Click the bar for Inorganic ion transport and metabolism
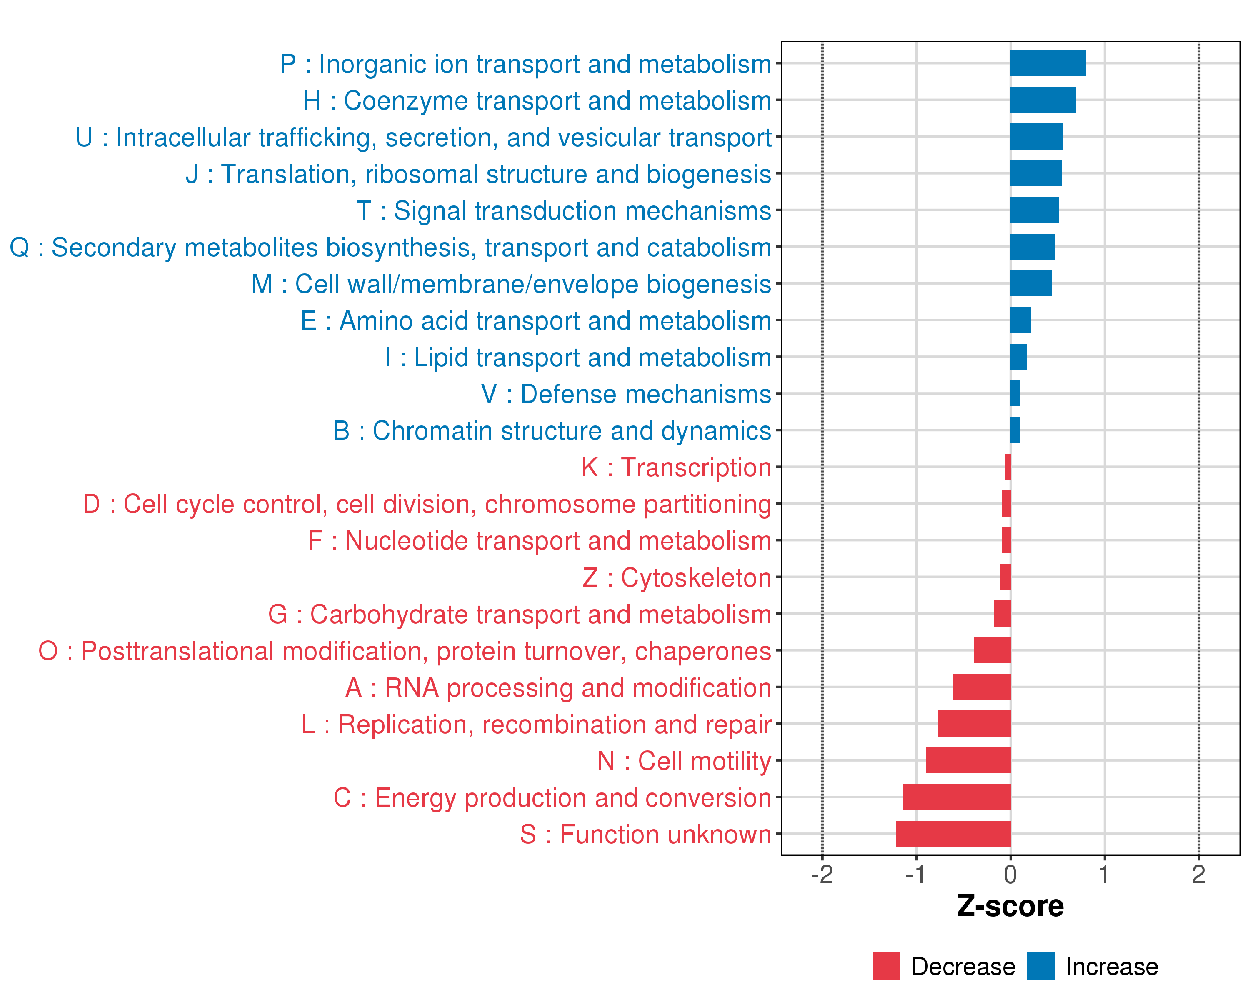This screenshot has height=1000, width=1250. pos(1047,63)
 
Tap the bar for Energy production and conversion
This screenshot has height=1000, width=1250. pos(956,797)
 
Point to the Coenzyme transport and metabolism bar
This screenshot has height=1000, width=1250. pos(1042,100)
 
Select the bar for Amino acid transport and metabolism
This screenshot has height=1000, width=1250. pos(1020,320)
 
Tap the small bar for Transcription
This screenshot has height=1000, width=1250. pos(1007,467)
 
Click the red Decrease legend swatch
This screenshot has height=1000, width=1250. pos(886,966)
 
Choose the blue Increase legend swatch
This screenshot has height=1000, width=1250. pos(1040,966)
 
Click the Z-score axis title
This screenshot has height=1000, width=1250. pos(1010,906)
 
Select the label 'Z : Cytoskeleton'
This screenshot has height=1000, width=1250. pos(677,578)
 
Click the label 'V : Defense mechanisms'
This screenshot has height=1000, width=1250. pos(626,394)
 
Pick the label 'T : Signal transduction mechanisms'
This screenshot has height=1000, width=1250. pos(564,210)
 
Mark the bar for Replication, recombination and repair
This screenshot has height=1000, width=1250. pos(974,723)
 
